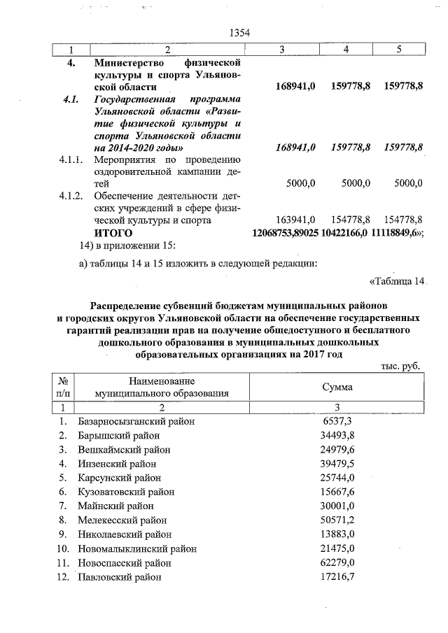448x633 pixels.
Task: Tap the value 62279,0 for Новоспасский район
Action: (336, 563)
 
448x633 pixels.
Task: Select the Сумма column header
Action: (337, 387)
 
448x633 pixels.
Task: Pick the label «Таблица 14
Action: (396, 282)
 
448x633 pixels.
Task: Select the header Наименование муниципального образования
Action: (162, 387)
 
